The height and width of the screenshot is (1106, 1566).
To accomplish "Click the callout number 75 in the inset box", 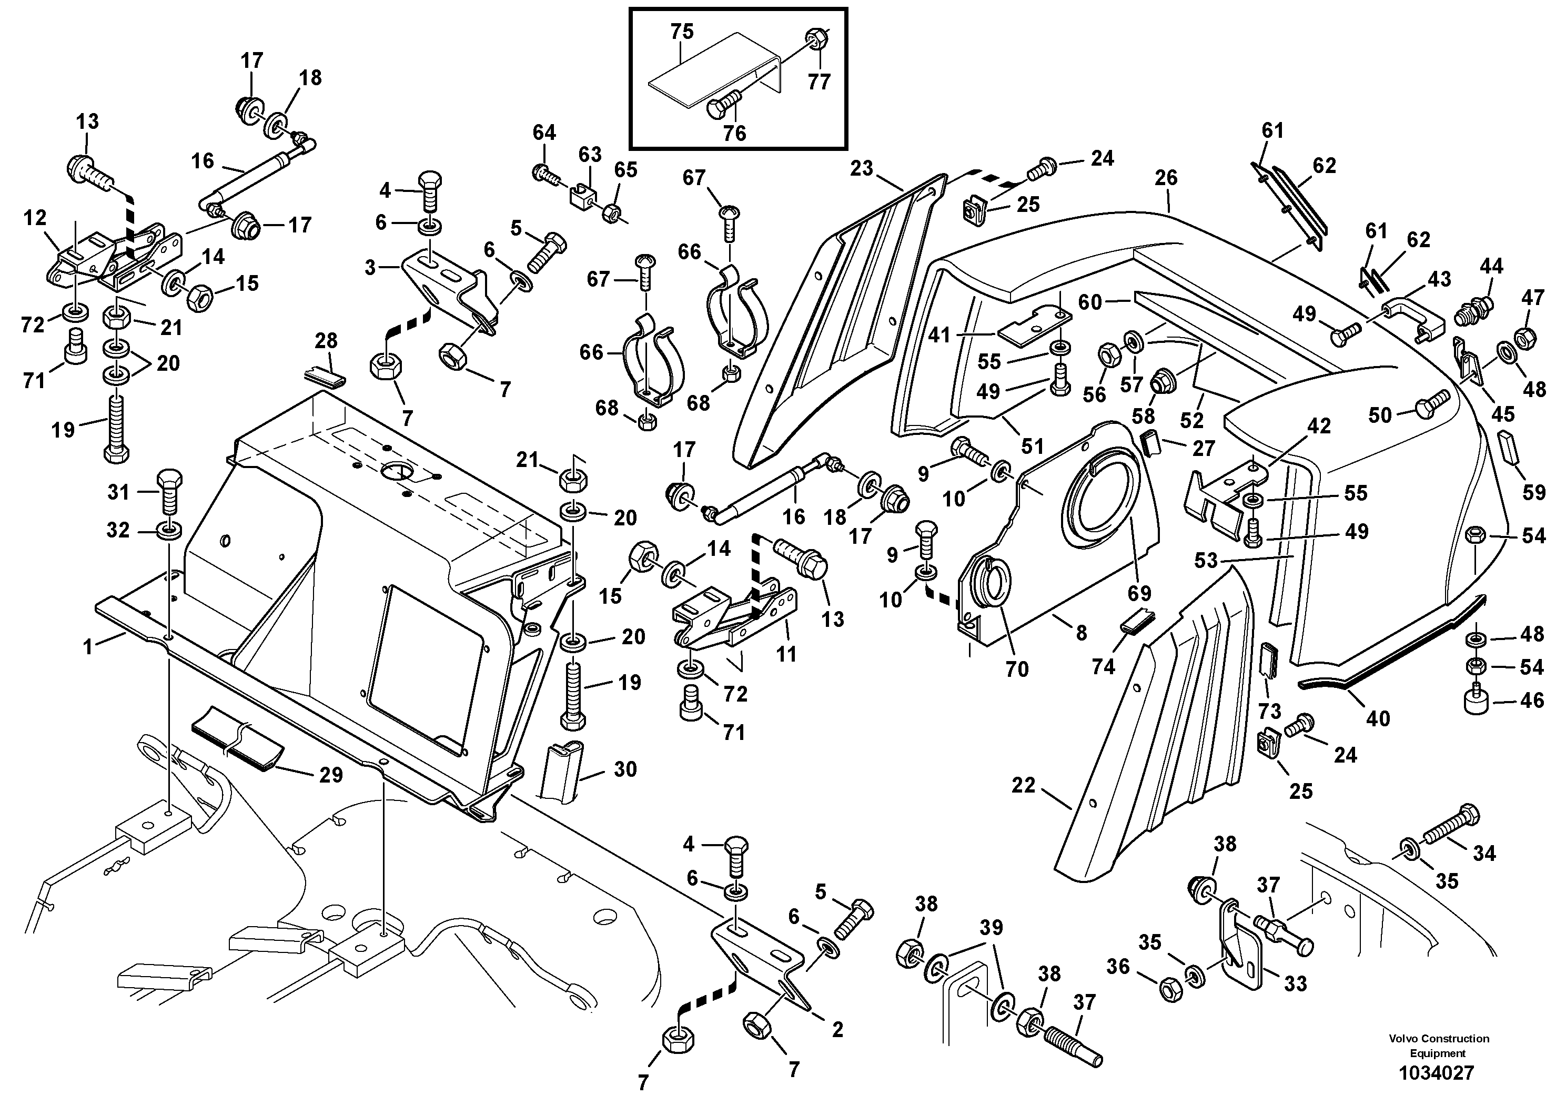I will tap(681, 32).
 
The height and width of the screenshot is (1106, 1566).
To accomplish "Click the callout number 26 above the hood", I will tap(1166, 177).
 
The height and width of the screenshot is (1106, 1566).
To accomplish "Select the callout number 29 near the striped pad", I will tap(331, 775).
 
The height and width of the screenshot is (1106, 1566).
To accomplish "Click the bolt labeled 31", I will tap(169, 492).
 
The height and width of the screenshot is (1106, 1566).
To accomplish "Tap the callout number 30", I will tap(625, 769).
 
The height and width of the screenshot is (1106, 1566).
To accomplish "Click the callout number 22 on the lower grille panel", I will tap(1023, 786).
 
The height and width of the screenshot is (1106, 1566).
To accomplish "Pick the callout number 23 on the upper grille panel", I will tap(862, 168).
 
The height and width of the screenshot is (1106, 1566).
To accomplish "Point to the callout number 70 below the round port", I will tap(1016, 669).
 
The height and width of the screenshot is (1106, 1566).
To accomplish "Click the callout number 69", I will tap(1139, 593).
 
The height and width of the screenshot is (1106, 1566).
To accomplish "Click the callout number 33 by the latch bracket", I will tap(1295, 983).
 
